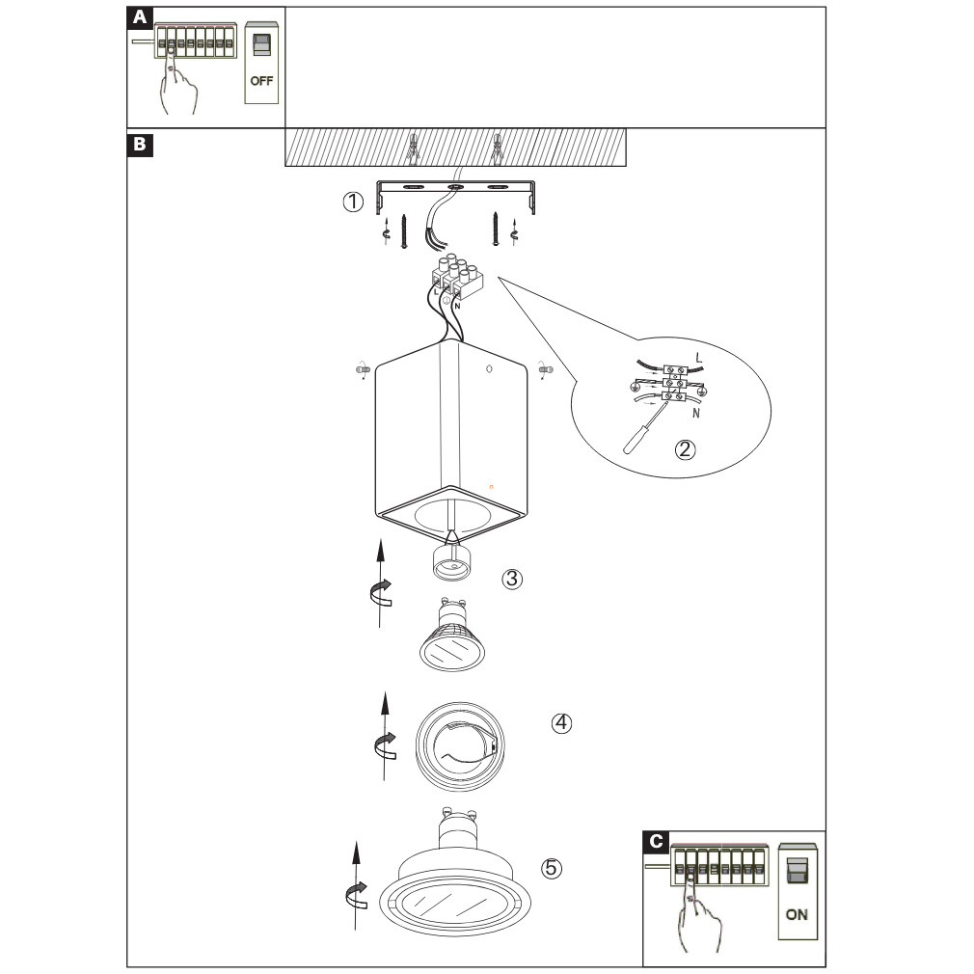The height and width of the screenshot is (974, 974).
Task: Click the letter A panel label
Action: [x=141, y=17]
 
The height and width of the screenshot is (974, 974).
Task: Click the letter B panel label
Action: [x=141, y=146]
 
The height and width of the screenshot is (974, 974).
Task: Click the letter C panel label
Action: [x=657, y=841]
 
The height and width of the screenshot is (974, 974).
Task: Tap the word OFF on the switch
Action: [x=261, y=81]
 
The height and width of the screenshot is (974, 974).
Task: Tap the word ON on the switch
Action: [x=797, y=914]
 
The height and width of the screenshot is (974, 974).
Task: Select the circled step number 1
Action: [x=355, y=203]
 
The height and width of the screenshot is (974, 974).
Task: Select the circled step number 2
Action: [x=685, y=449]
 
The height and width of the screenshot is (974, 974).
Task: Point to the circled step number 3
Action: [x=512, y=579]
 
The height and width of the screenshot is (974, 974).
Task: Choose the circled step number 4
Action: [x=561, y=722]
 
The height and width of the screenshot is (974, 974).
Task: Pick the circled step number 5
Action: [x=551, y=868]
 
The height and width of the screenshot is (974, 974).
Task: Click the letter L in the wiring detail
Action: [x=699, y=358]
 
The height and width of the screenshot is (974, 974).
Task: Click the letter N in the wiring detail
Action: [x=694, y=413]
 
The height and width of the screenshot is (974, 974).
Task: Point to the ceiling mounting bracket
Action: [x=458, y=189]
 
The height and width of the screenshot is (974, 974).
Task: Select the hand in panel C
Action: [x=702, y=916]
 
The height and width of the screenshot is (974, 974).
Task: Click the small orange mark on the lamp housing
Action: [x=491, y=486]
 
